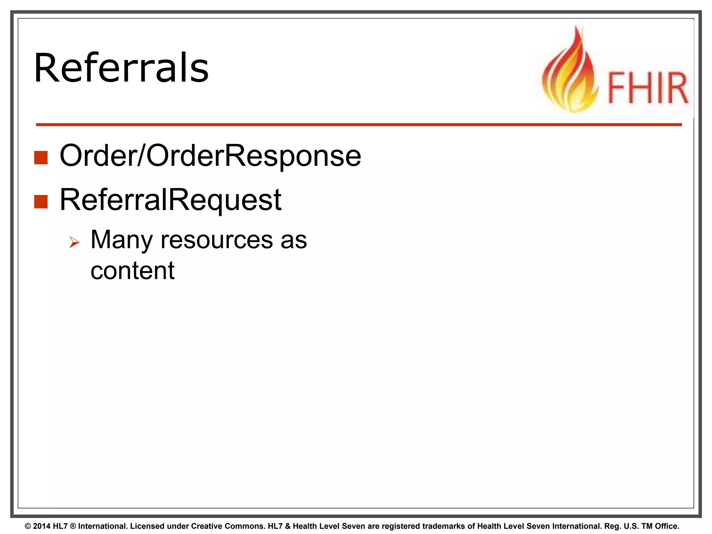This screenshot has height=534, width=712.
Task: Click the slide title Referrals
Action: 121,68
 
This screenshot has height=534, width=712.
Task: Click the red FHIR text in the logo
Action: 648,88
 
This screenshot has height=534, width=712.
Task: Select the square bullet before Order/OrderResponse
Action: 41,157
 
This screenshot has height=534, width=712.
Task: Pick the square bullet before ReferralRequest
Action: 41,202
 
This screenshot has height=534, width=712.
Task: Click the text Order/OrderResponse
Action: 210,156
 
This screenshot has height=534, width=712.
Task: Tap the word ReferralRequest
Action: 170,200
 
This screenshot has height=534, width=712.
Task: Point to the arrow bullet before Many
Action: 74,242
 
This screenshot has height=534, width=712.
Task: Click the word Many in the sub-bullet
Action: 121,240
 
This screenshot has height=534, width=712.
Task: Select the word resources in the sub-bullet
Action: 217,240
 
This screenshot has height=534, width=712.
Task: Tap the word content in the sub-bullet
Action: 132,270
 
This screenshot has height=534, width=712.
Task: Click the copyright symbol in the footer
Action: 28,526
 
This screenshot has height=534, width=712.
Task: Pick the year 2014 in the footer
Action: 42,526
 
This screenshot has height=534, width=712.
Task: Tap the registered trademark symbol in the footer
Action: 73,526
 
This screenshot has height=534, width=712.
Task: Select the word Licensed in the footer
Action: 147,526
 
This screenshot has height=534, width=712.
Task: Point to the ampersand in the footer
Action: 288,526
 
